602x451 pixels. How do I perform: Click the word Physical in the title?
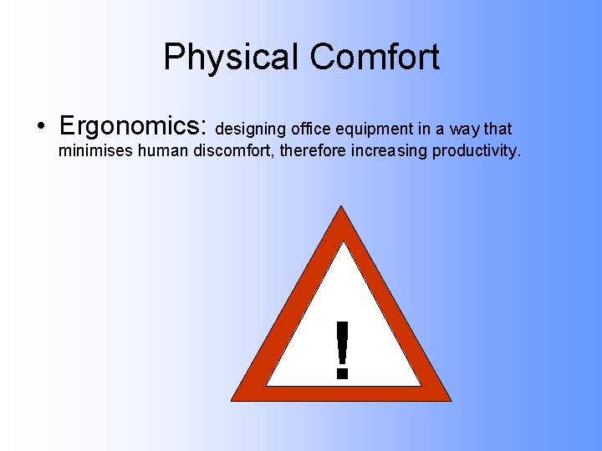pyautogui.click(x=232, y=58)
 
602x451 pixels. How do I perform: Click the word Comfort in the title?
pyautogui.click(x=374, y=58)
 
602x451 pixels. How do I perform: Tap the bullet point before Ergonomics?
pyautogui.click(x=40, y=127)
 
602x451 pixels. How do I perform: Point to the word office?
pyautogui.click(x=310, y=129)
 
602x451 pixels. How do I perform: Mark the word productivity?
pyautogui.click(x=476, y=152)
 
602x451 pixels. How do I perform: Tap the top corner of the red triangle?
pyautogui.click(x=341, y=209)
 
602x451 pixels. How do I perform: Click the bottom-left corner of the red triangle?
pyautogui.click(x=234, y=398)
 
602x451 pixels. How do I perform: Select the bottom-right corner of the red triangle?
pyautogui.click(x=449, y=398)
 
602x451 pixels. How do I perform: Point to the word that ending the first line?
pyautogui.click(x=497, y=129)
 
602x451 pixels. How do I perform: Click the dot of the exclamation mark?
pyautogui.click(x=341, y=373)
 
